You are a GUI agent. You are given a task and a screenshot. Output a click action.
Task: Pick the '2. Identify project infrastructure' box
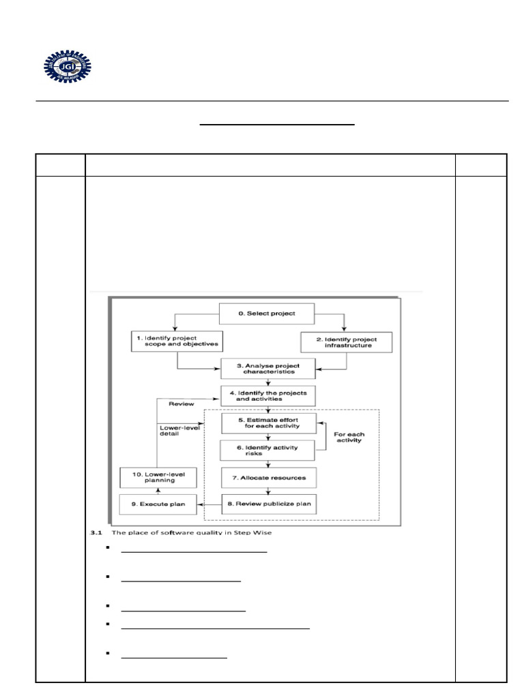[x=347, y=342]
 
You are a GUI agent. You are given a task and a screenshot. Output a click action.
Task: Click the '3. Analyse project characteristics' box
[x=268, y=368]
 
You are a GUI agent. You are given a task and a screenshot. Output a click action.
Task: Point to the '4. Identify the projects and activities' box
[x=268, y=395]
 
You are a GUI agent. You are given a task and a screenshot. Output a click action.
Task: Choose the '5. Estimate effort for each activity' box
[x=268, y=423]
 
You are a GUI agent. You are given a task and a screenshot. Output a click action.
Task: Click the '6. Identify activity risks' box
[x=268, y=450]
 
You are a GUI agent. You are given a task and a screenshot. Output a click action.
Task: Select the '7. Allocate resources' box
[x=268, y=477]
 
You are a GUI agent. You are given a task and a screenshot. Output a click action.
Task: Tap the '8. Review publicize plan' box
[x=268, y=504]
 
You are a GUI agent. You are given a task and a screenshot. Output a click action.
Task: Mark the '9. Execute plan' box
[x=158, y=504]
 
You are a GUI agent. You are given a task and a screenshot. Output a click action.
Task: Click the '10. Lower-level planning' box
[x=158, y=476]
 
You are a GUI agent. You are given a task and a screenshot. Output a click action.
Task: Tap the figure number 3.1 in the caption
[x=96, y=533]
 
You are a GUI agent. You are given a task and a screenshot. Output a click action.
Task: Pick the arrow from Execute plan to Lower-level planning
[x=158, y=490]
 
